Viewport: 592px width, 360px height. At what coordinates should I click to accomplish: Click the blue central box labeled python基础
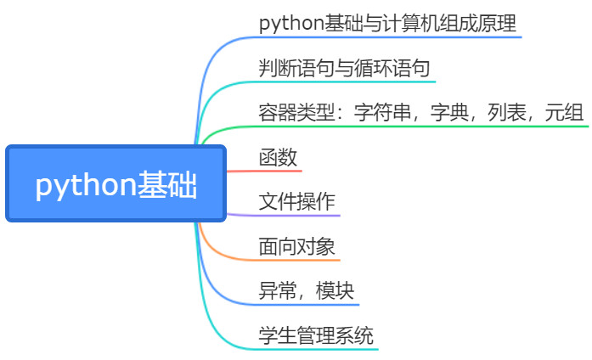pos(116,183)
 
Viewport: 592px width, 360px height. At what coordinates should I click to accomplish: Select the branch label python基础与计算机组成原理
pos(387,23)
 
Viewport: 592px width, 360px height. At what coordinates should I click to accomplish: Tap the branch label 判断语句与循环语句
pos(344,68)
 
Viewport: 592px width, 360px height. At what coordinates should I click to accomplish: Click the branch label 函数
pos(278,157)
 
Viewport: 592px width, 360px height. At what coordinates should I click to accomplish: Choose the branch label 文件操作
pos(296,201)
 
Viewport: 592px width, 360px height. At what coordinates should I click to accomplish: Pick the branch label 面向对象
pos(296,246)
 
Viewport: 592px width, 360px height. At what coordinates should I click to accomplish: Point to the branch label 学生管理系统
pos(316,335)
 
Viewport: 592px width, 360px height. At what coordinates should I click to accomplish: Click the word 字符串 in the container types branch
pos(382,112)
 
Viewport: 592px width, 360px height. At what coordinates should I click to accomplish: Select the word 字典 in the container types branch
pos(449,112)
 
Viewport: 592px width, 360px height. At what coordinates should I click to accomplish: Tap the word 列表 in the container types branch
pos(507,112)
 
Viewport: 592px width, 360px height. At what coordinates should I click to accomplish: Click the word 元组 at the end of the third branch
pos(564,112)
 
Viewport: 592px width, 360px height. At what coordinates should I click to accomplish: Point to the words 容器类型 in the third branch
pos(296,112)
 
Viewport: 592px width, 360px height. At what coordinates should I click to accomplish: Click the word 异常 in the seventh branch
pos(278,290)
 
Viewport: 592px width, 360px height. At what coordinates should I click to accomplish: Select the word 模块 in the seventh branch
pos(335,290)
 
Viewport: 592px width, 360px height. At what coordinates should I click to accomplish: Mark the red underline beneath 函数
pos(264,172)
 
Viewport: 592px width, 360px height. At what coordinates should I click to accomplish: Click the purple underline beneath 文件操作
pos(284,216)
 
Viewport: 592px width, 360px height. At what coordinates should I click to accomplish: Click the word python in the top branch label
pos(291,24)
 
